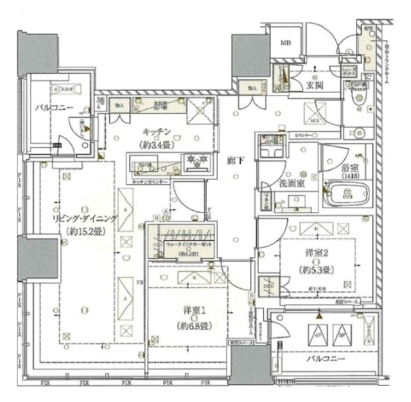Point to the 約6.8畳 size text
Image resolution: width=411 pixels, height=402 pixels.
tap(192, 326)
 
